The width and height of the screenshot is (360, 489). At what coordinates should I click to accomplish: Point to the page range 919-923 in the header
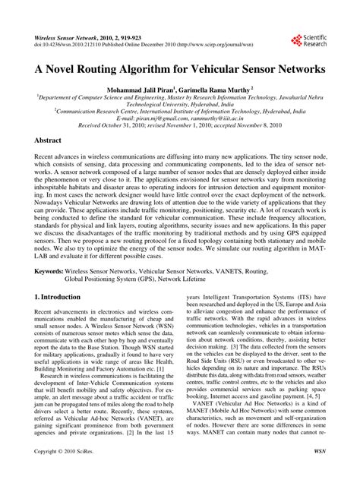tap(142, 36)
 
